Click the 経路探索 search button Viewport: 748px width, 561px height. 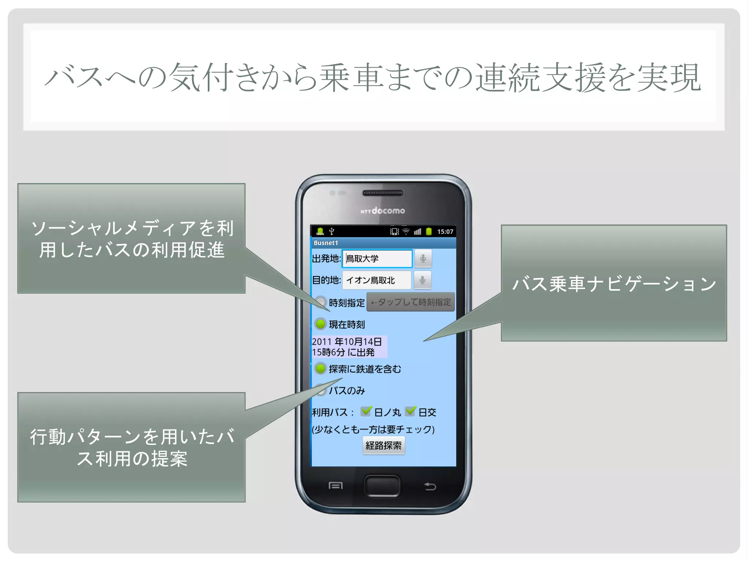(x=383, y=446)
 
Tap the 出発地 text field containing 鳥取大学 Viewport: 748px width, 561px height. (x=377, y=259)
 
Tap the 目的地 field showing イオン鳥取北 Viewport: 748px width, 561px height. (x=377, y=280)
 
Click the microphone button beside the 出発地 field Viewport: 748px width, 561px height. (x=423, y=259)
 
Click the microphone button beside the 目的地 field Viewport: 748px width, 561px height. (x=423, y=280)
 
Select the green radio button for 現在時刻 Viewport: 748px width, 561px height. (x=320, y=324)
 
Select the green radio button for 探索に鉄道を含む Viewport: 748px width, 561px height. (x=320, y=368)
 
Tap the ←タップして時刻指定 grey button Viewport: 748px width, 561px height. (x=411, y=302)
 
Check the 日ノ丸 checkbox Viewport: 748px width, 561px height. (x=366, y=412)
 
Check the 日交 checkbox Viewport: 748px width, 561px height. (x=411, y=412)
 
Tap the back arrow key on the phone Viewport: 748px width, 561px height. (x=430, y=486)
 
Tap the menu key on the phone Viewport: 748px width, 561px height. (x=336, y=486)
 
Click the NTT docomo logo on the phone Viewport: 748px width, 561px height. (x=383, y=211)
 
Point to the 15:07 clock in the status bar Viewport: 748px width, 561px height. (x=445, y=232)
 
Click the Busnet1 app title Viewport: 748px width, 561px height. (x=326, y=243)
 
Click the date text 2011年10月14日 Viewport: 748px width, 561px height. (x=347, y=342)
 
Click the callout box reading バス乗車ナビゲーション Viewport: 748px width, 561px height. (x=614, y=283)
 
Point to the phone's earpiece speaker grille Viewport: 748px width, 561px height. (x=383, y=193)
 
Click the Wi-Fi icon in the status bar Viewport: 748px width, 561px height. (x=406, y=232)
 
